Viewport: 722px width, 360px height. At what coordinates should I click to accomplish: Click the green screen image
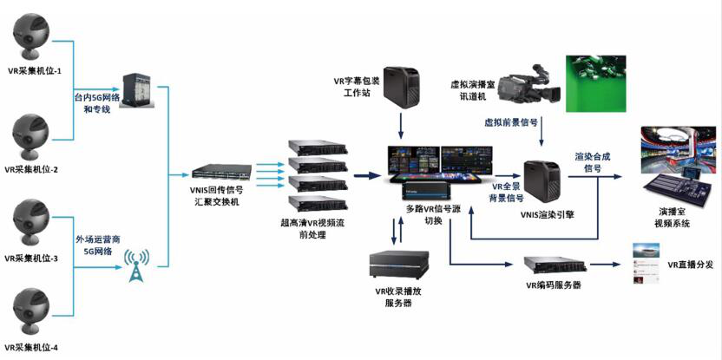(597, 83)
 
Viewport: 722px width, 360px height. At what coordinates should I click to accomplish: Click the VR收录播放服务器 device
(396, 265)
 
